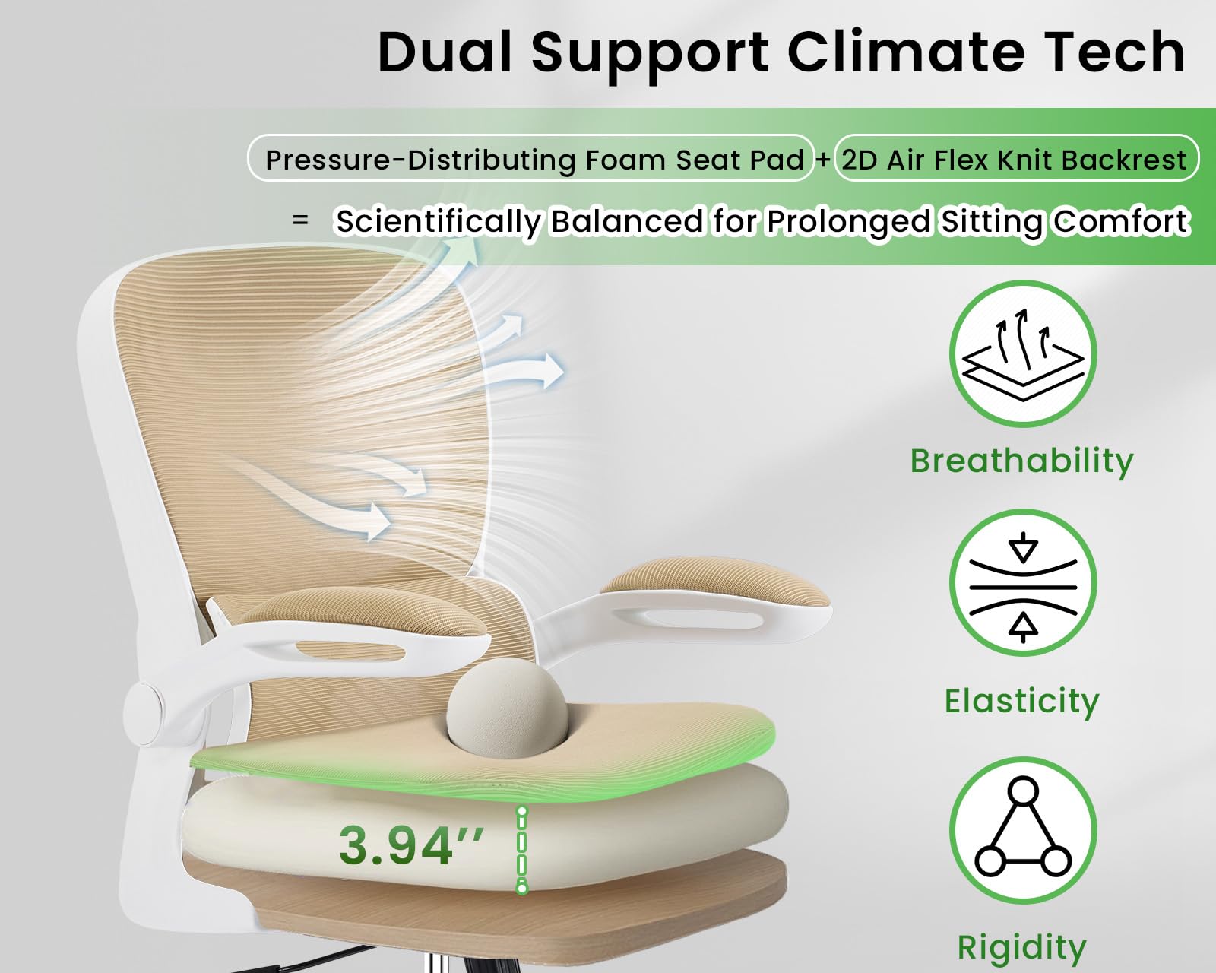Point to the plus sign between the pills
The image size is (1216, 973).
[x=823, y=160]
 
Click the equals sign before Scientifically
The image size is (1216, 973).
[x=301, y=220]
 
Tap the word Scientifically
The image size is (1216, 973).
[x=439, y=222]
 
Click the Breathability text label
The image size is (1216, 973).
[x=1022, y=461]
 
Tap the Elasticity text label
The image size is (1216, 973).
[x=1022, y=701]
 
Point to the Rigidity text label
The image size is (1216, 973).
[x=1022, y=947]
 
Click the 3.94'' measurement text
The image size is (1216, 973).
[x=410, y=845]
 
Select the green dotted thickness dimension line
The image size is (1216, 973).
[x=521, y=849]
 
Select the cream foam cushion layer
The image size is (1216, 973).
[x=646, y=829]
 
